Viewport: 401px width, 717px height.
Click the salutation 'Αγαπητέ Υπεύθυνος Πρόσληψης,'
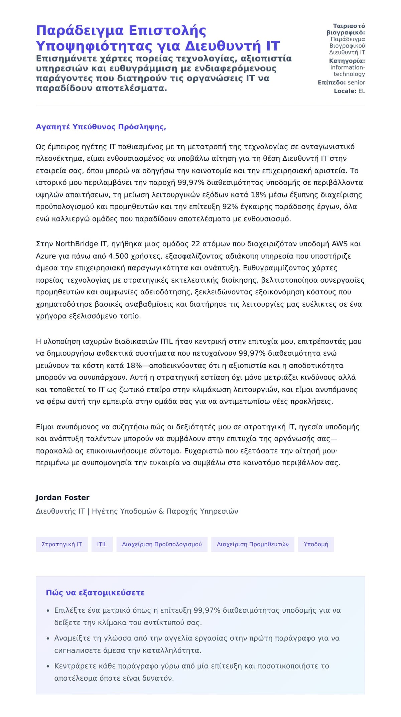[x=101, y=127]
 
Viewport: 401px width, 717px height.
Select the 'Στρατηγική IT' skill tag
[x=61, y=544]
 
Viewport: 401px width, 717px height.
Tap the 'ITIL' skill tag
[x=102, y=544]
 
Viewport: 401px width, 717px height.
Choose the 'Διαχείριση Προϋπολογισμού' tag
[x=162, y=544]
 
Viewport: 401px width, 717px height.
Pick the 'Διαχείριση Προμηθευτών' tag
[x=253, y=544]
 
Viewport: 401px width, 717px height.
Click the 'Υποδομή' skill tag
[x=316, y=544]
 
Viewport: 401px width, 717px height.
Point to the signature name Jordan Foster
[x=62, y=497]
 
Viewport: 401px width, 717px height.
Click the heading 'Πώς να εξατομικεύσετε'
[x=95, y=593]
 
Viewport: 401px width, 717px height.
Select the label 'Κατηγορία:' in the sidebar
[x=347, y=61]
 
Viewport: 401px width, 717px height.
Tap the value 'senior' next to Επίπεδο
[x=356, y=83]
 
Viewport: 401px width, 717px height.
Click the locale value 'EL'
[x=362, y=91]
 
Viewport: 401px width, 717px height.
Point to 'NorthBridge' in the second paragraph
[x=77, y=244]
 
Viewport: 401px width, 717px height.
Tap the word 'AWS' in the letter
[x=340, y=244]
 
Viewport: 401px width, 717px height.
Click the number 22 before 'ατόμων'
[x=195, y=244]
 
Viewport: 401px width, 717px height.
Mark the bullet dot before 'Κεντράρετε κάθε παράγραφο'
[x=48, y=666]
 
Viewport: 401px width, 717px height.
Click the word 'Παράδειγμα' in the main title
[x=80, y=30]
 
